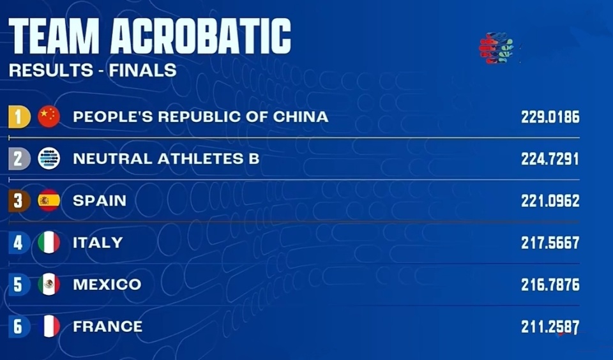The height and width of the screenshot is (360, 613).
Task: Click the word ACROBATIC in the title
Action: (201, 36)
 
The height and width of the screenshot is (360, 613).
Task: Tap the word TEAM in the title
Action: (54, 36)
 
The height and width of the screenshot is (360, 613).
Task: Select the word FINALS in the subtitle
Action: (142, 70)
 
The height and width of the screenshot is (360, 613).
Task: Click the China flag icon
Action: (49, 116)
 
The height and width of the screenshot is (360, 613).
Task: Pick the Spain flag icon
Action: (49, 200)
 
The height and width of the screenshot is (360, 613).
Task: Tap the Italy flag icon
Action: (49, 243)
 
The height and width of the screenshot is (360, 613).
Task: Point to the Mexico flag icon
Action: (49, 284)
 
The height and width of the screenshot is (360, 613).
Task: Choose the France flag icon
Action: (49, 326)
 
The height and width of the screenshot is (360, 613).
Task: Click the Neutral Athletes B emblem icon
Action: (49, 159)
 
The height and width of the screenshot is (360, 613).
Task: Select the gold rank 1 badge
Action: (19, 117)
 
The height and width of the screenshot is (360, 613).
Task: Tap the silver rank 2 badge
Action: (19, 159)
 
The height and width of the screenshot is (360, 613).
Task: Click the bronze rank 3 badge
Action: (19, 200)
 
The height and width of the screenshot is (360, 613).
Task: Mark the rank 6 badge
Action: (19, 326)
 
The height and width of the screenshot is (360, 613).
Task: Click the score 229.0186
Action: (550, 117)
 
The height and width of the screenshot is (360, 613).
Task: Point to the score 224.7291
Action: (550, 159)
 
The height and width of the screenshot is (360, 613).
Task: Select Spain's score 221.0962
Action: (550, 201)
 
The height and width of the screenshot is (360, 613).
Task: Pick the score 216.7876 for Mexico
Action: (550, 285)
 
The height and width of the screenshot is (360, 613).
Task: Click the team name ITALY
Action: (98, 243)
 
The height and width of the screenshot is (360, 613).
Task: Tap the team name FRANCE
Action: (108, 326)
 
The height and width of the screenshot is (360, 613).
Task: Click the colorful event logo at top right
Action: (497, 48)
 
